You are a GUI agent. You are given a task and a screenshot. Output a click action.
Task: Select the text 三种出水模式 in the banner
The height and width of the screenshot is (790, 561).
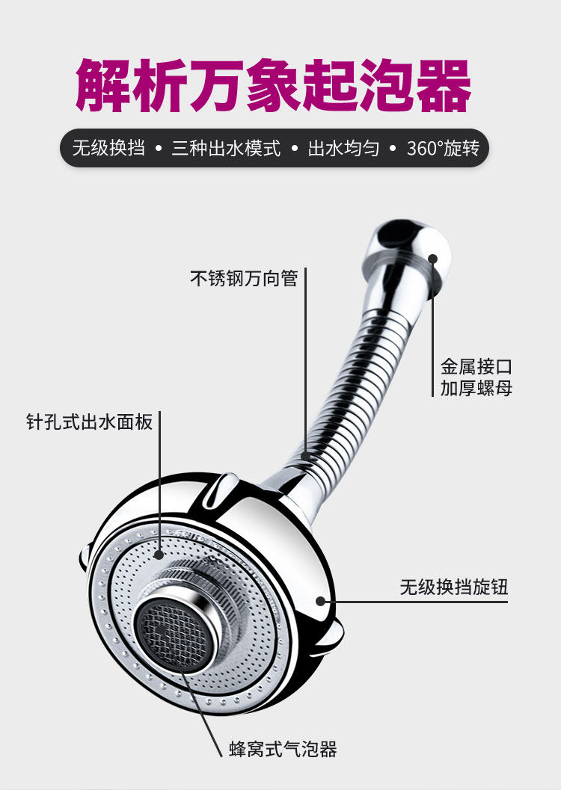click(226, 148)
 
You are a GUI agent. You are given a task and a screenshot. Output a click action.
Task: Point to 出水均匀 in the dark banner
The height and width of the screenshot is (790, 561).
click(343, 148)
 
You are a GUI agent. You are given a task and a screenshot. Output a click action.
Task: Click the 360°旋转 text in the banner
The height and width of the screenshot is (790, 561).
click(443, 148)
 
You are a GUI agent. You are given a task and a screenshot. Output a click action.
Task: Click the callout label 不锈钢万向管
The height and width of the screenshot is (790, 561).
click(244, 279)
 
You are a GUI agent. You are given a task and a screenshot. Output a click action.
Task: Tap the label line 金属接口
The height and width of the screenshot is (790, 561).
click(476, 367)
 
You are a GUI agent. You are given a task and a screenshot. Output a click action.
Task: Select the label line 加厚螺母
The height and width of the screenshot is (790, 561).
click(476, 389)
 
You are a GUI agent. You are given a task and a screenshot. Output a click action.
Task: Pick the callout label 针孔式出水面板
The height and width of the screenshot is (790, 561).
click(89, 422)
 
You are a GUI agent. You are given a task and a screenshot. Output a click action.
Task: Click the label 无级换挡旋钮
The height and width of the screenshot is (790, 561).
click(454, 587)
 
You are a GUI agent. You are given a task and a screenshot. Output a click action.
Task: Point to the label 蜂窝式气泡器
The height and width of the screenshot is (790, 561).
click(283, 748)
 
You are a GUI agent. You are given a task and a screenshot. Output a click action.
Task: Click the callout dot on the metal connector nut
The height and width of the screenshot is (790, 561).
click(433, 259)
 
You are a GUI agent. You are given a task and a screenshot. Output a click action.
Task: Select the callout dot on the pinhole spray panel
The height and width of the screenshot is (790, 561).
click(159, 555)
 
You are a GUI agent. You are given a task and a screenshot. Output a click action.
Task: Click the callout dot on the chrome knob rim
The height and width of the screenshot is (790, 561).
click(321, 599)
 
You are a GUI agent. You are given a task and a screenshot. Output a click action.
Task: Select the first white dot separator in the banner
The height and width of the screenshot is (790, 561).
click(158, 149)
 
